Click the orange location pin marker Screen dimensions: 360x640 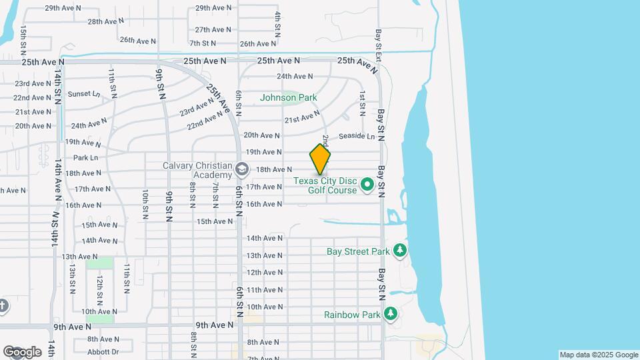point(320,160)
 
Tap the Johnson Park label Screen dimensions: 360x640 point(288,97)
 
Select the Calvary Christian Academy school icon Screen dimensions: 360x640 point(241,169)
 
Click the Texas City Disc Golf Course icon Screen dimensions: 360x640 point(367,183)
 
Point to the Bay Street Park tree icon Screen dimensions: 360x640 point(400,251)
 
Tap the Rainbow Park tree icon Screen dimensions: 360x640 point(390,313)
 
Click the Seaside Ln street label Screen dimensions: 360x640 point(357,136)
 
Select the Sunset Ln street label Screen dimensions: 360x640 point(83,94)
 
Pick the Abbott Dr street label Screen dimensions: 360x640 point(103,352)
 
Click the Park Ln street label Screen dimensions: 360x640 point(85,158)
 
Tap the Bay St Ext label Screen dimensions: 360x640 point(378,45)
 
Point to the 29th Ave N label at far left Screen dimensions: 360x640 point(63,8)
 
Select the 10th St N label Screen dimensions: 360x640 point(145,204)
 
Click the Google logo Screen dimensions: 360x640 point(22,352)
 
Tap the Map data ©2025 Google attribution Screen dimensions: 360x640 point(598,355)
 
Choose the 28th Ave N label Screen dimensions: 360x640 point(103,21)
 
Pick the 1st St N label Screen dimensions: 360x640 point(362,101)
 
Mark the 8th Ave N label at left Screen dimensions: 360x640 point(103,339)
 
